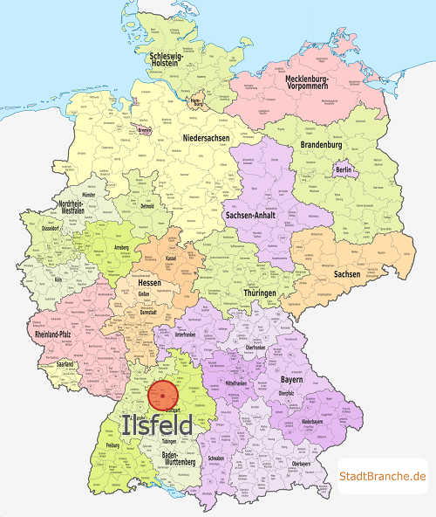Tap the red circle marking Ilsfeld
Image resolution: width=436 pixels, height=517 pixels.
coord(163,395)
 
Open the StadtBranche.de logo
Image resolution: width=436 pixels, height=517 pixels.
coord(382,475)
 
